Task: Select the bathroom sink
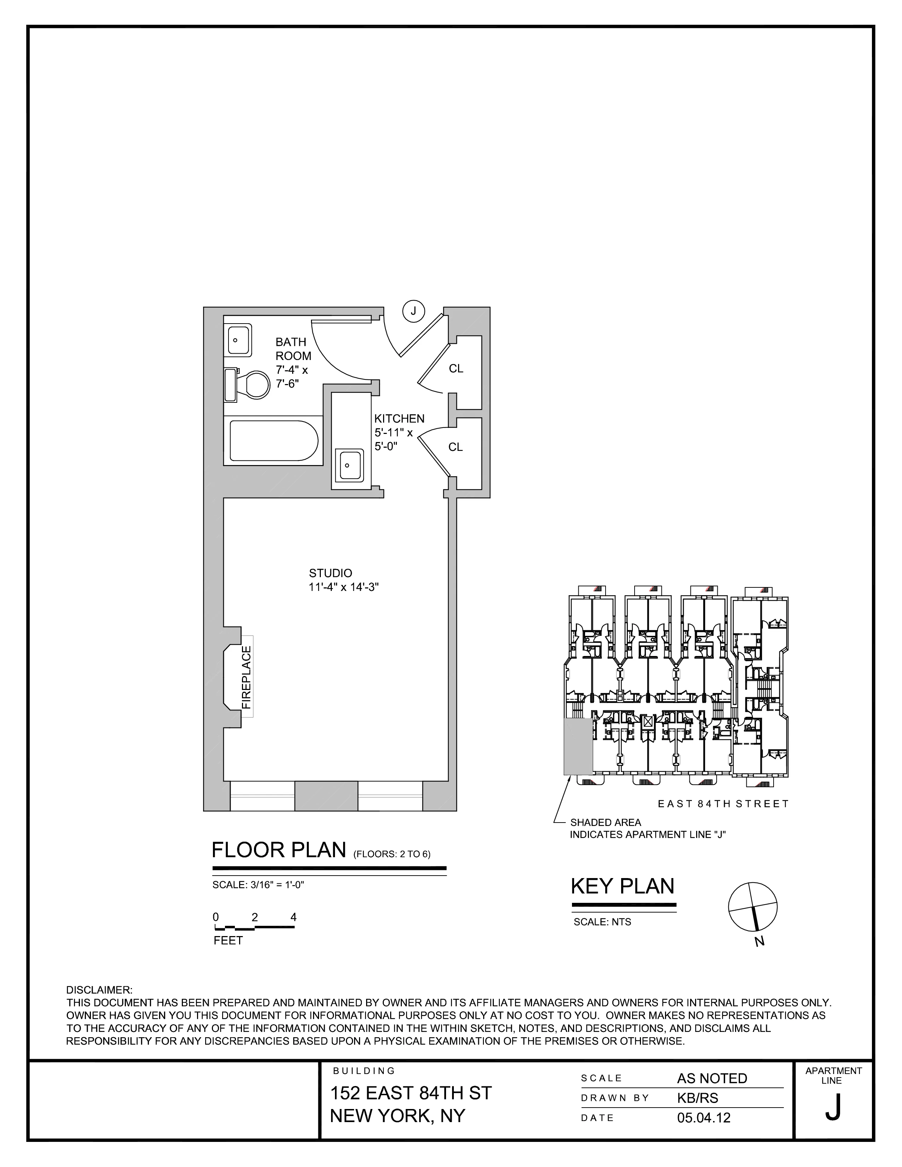pyautogui.click(x=239, y=340)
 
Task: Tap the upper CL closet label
pyautogui.click(x=456, y=369)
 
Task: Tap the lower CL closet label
pyautogui.click(x=455, y=447)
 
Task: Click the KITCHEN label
pyautogui.click(x=399, y=418)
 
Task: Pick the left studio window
pyautogui.click(x=262, y=796)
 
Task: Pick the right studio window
pyautogui.click(x=390, y=796)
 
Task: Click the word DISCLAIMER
pyautogui.click(x=99, y=990)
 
